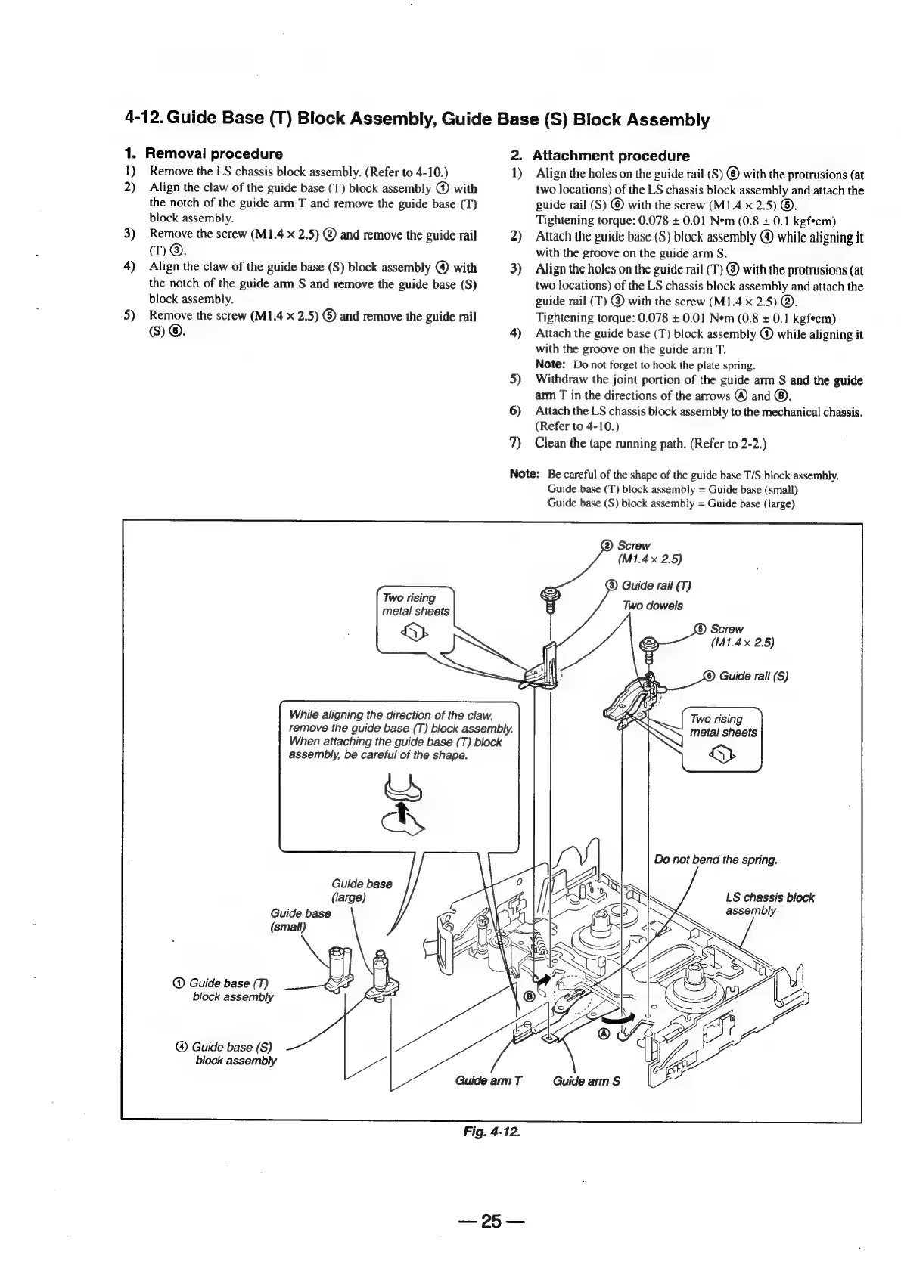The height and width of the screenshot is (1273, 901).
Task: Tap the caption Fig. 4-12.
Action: (492, 1132)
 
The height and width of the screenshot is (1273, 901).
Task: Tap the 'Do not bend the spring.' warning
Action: (715, 860)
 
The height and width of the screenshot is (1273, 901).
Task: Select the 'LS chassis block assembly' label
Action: (769, 904)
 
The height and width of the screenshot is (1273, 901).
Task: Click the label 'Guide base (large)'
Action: (361, 890)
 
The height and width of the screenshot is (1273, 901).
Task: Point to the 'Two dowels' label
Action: (652, 606)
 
